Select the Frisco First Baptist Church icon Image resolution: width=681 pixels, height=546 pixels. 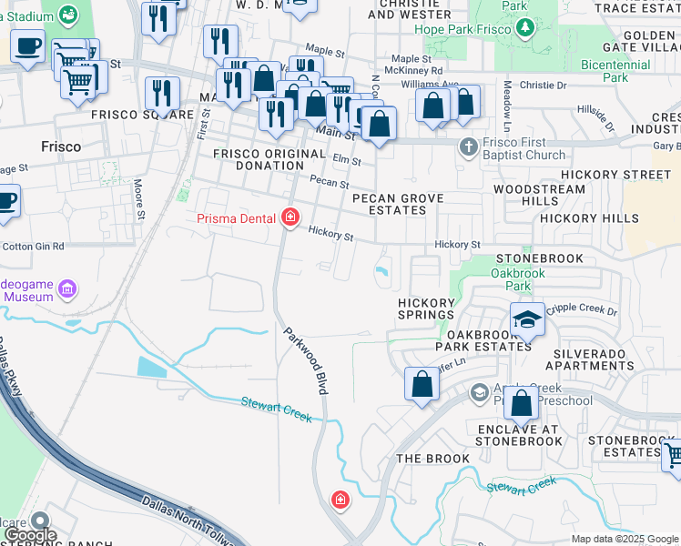[x=468, y=147]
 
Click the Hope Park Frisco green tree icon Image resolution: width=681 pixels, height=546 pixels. [x=524, y=29]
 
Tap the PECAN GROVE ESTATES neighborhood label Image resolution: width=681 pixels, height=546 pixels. [x=398, y=204]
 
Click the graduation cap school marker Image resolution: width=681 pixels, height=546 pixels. [x=526, y=318]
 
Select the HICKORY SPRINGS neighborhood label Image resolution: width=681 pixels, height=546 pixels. [x=426, y=308]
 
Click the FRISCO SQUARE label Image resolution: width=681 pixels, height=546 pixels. [x=142, y=115]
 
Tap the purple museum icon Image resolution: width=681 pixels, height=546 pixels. [x=66, y=290]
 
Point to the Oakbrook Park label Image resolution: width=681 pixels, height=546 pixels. [x=518, y=279]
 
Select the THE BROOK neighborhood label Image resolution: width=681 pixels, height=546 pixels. [x=432, y=459]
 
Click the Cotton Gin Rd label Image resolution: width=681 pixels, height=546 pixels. [x=33, y=247]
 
